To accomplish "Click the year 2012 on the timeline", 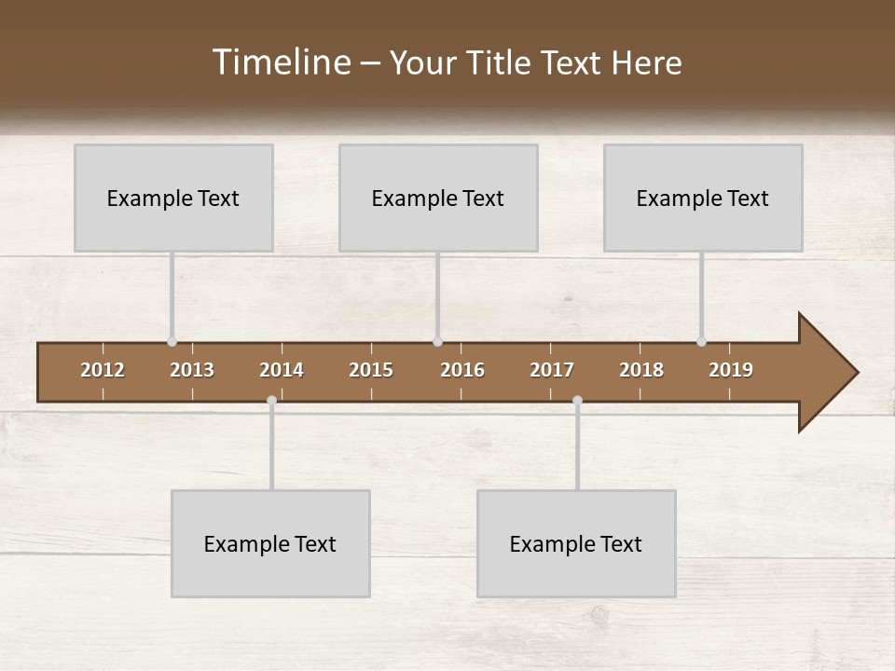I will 103,370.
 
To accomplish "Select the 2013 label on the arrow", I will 192,370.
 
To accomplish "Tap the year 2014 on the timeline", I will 282,370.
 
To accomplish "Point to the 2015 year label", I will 371,370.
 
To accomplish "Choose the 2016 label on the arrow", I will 462,370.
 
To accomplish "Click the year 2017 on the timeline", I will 552,370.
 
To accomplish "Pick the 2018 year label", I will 641,370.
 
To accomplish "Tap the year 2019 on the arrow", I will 731,370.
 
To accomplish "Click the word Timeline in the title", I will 281,62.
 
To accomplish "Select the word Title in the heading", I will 502,63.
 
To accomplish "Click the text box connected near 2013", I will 173,198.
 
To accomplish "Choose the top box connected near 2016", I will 438,198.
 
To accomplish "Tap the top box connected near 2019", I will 703,198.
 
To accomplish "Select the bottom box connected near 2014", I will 270,543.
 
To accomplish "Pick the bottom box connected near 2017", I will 576,543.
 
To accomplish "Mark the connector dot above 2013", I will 172,342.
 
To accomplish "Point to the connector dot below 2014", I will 271,401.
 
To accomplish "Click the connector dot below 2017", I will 577,401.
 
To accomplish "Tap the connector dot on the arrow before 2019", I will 701,342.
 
